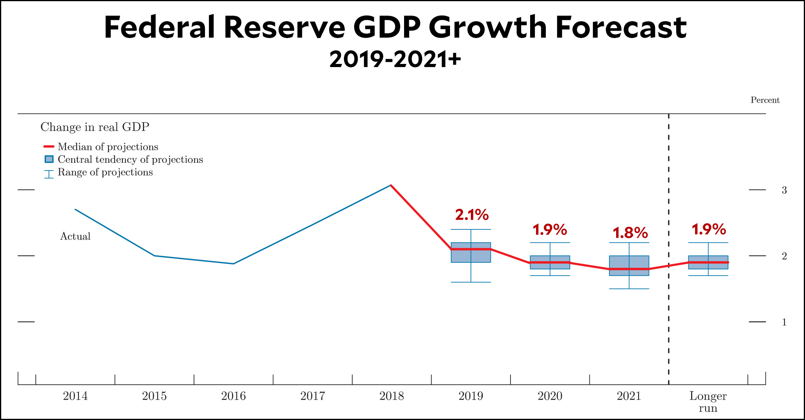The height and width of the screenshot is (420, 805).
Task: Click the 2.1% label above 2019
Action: tap(472, 215)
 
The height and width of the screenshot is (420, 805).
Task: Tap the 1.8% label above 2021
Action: tap(630, 233)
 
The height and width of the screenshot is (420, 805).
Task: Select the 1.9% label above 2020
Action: tap(549, 230)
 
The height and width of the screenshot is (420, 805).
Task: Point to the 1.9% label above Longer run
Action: tap(708, 229)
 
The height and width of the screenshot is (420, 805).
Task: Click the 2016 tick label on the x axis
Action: tap(233, 396)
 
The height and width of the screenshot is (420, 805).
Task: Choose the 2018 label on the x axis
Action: tap(392, 396)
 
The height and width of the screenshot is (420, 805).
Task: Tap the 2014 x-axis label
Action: tap(75, 396)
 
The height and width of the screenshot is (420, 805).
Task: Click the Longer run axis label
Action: tap(708, 402)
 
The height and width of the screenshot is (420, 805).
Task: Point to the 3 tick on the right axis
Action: tap(784, 190)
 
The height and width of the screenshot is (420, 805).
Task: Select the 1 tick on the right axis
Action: tap(784, 322)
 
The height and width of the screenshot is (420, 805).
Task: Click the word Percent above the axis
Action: tap(765, 100)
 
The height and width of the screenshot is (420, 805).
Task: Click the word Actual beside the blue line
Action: tap(75, 236)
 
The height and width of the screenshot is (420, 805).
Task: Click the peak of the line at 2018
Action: tap(391, 185)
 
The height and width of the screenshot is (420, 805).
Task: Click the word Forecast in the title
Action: tap(621, 27)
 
